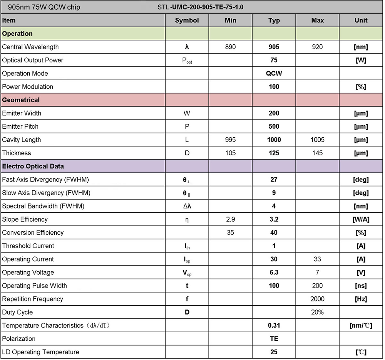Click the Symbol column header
187,20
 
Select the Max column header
317,20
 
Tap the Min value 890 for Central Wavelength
230,47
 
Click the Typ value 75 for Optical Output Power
274,60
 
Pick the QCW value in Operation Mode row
274,73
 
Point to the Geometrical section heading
21,100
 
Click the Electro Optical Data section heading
33,167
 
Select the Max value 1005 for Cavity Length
317,140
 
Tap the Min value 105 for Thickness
230,153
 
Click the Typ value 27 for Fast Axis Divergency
274,180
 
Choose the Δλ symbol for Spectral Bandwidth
187,206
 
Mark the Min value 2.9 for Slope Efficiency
230,219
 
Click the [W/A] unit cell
361,219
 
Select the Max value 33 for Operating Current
317,259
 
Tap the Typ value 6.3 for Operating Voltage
274,273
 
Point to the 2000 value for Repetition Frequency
317,299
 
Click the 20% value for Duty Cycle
317,312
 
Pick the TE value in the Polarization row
274,339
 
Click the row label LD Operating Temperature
41,352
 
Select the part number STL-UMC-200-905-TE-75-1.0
201,7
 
